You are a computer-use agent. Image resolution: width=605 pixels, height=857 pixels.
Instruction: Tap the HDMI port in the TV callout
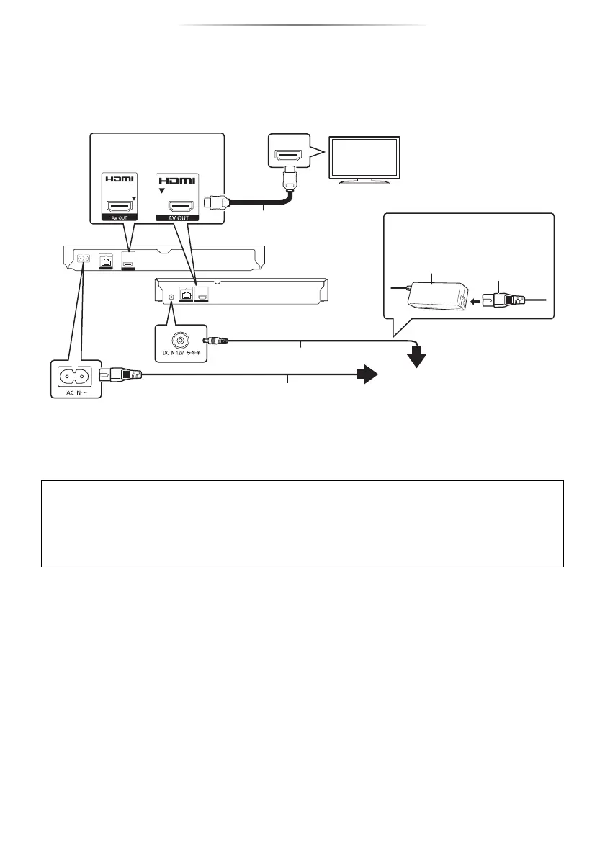point(288,155)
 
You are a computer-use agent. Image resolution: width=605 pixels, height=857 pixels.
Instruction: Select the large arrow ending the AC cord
point(366,374)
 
